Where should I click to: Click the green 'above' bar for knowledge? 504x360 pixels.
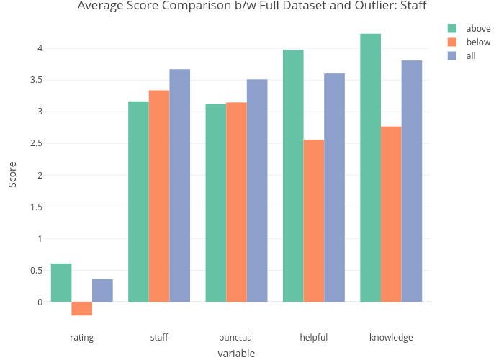pos(371,168)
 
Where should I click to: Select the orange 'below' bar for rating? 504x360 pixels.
pos(82,309)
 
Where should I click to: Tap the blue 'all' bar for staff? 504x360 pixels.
pos(180,186)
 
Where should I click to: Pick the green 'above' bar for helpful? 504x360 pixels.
pos(293,176)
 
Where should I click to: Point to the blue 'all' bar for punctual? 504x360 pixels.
pos(257,191)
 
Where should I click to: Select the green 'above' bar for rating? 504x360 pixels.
pos(61,283)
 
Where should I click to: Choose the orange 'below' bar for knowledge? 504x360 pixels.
pos(392,214)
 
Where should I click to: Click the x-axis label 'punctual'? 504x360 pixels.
pos(236,338)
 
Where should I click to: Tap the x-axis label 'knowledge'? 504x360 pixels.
pos(391,338)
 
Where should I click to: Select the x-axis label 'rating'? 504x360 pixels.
pos(82,338)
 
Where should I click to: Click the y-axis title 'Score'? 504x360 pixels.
pos(12,175)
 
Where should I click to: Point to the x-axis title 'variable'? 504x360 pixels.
pos(236,354)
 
